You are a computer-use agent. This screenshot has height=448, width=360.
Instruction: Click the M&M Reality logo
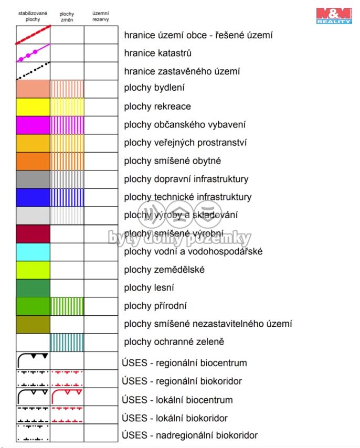click(334, 15)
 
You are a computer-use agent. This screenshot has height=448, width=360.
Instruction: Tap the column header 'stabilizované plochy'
click(33, 16)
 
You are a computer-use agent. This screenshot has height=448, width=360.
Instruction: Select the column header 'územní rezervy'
click(100, 16)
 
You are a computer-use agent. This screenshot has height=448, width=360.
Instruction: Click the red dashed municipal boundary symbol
click(33, 35)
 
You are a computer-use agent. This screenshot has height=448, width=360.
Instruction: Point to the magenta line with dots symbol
click(33, 52)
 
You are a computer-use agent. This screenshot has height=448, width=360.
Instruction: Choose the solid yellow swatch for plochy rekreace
click(33, 106)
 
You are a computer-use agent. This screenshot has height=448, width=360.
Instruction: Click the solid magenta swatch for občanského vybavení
click(33, 125)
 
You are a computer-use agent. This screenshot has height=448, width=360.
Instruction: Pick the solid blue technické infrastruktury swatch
click(33, 197)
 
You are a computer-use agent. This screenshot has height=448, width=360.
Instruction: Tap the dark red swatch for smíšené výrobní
click(33, 233)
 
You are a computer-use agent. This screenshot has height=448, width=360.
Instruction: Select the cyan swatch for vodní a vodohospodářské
click(33, 252)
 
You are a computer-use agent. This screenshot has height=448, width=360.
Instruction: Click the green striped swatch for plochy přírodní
click(67, 306)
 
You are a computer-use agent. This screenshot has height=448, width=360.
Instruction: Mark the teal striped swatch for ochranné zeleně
click(67, 342)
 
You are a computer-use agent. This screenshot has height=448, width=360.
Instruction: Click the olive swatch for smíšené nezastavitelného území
click(33, 324)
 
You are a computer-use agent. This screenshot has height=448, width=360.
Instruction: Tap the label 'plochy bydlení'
click(154, 88)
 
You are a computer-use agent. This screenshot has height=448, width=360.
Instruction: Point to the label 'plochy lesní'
click(149, 287)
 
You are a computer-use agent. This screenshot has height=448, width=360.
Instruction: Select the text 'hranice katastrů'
click(158, 53)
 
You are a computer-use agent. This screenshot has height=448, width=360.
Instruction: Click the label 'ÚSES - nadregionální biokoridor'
click(189, 435)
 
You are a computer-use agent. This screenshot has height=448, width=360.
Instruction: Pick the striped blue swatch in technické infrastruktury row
click(67, 197)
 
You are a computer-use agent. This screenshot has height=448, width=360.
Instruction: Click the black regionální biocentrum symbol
click(33, 360)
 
